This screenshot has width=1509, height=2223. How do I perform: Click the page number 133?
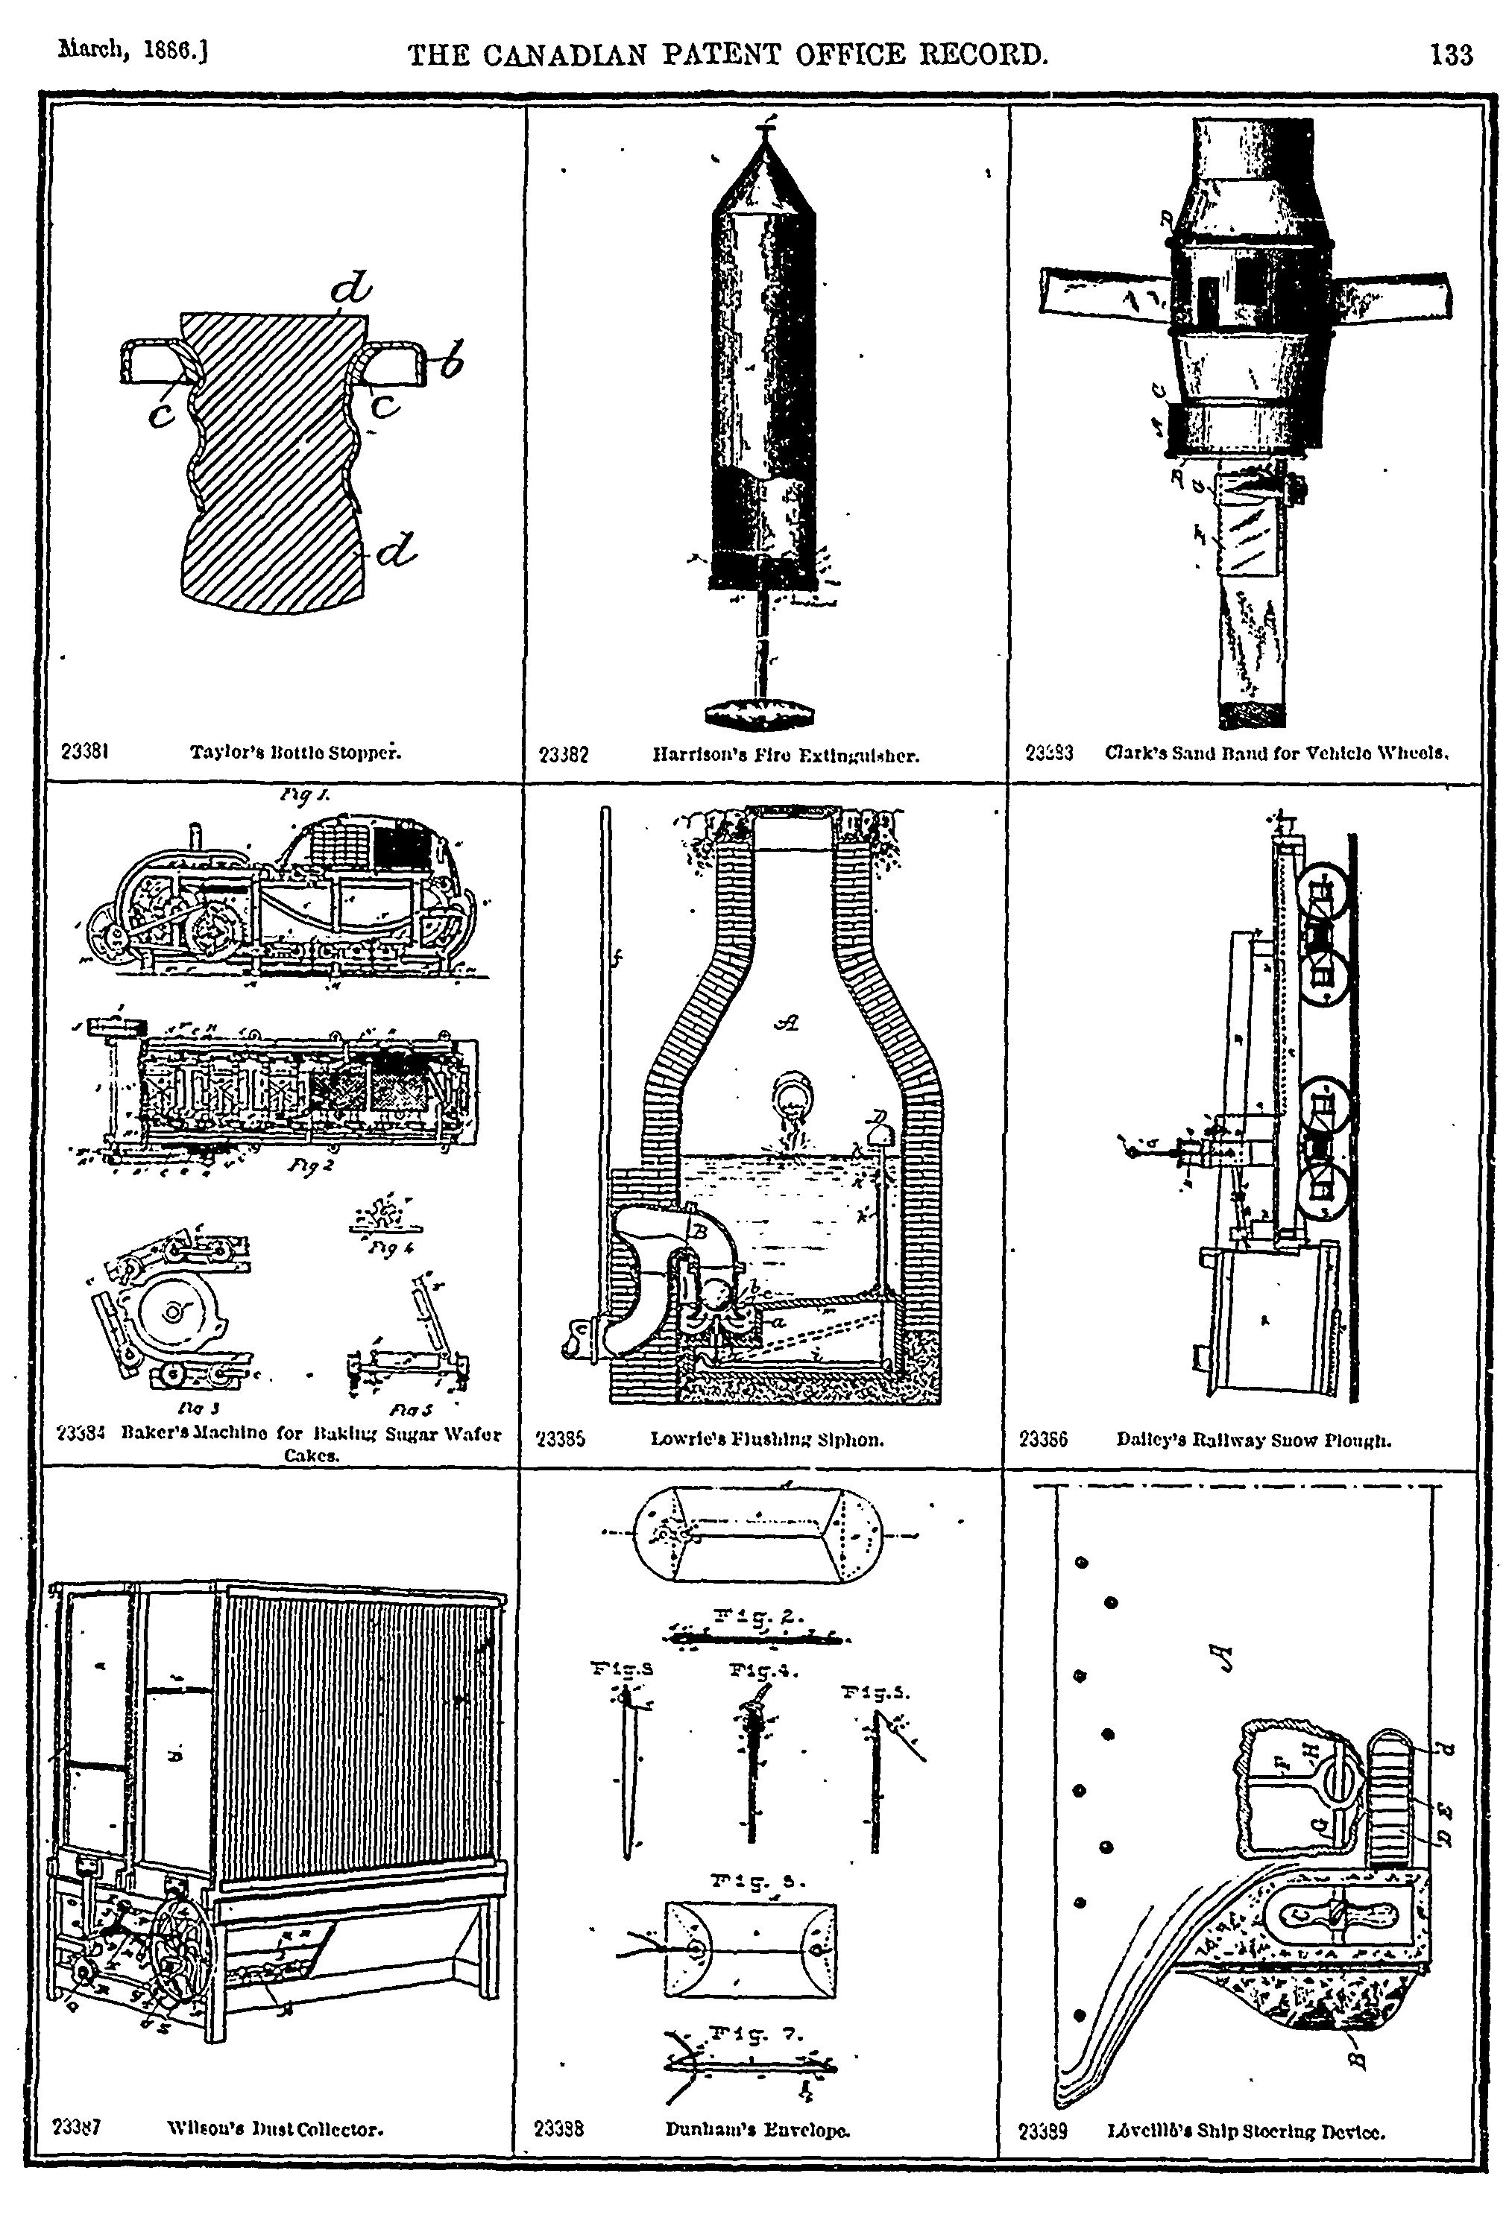coord(1451,55)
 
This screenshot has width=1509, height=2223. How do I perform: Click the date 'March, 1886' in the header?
coord(134,50)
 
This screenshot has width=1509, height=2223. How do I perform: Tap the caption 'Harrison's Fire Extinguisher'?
coord(786,756)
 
